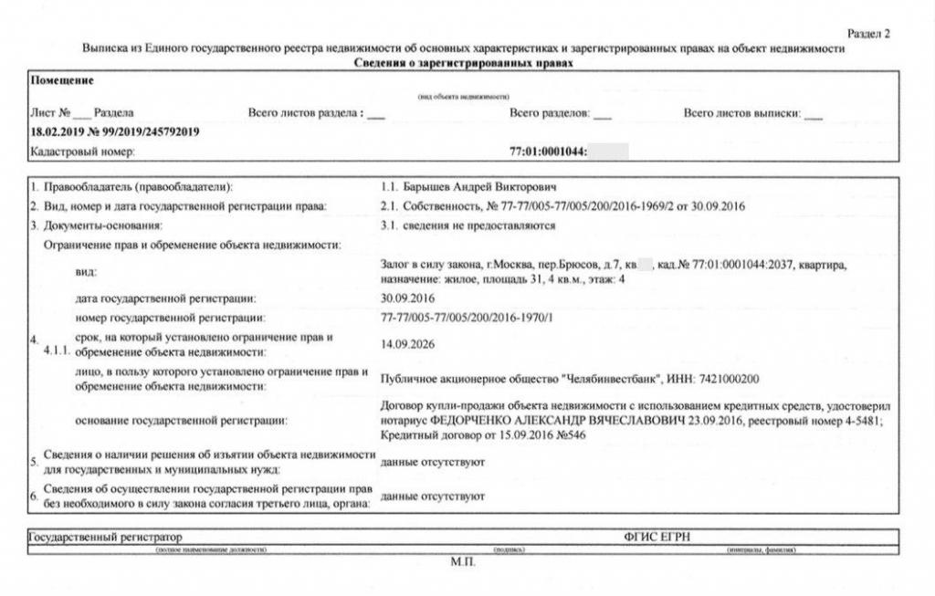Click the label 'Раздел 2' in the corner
(868, 34)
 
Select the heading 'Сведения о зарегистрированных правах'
(463, 63)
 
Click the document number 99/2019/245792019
(147, 131)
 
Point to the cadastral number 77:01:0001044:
(547, 152)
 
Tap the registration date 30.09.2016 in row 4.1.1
(407, 298)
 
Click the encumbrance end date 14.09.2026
(407, 344)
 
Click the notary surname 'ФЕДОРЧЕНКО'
(466, 421)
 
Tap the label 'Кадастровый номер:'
(82, 152)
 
